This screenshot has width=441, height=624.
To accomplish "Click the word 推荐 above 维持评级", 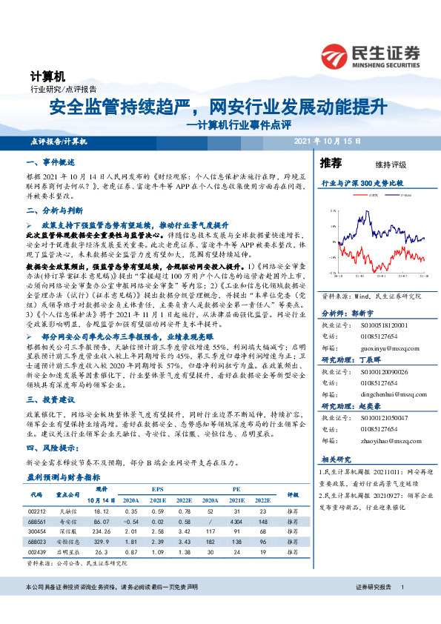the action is (331, 162).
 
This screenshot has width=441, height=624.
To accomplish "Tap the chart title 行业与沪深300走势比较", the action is (362, 181).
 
